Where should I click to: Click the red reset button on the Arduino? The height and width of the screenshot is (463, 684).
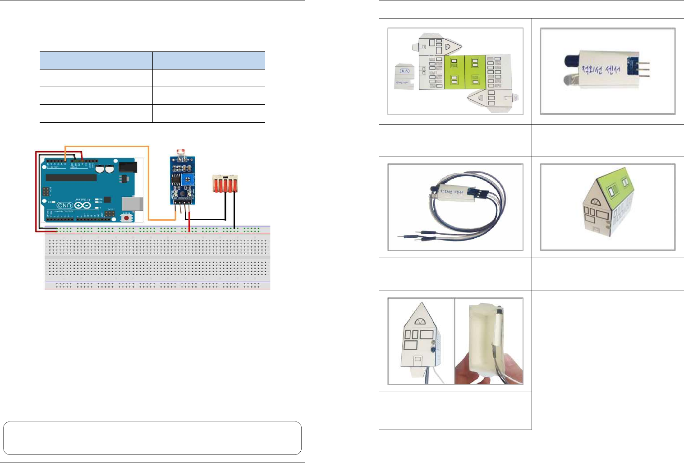tap(127, 218)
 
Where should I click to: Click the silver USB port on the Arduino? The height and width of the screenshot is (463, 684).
tap(135, 204)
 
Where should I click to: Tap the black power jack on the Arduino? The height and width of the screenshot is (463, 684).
tap(128, 167)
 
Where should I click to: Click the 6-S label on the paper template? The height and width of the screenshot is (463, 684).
tap(404, 71)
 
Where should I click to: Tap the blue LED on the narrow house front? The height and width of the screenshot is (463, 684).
tap(433, 350)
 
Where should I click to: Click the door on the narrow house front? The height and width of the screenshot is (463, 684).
tap(418, 361)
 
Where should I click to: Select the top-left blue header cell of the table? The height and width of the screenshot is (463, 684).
tap(96, 60)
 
